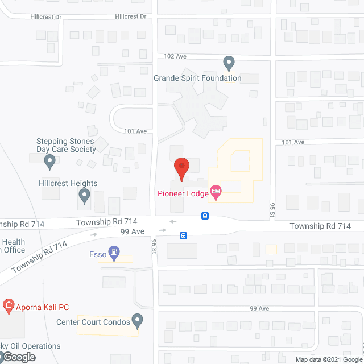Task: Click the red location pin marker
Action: point(181,167)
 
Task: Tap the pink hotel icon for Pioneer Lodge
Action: point(216,193)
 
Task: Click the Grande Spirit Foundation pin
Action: point(229,63)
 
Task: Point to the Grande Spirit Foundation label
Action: point(197,78)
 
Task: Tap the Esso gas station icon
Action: point(115,253)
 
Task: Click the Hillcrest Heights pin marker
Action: point(84,197)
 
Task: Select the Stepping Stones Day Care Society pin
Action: point(49,162)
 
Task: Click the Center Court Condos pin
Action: point(138,321)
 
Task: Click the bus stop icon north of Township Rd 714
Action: point(205,216)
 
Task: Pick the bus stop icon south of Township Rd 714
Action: point(184,235)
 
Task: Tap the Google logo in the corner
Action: point(18,357)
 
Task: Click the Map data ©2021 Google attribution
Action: point(329,359)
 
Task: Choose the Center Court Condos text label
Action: point(93,322)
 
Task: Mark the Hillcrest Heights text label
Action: point(68,183)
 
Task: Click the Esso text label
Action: point(98,254)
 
